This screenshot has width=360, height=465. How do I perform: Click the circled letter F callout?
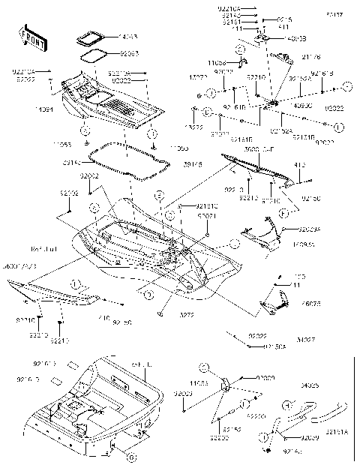[282, 214]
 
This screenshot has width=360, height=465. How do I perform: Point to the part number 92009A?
[310, 228]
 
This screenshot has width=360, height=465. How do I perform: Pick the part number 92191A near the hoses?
[339, 442]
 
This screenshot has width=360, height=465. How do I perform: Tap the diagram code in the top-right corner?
[331, 13]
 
